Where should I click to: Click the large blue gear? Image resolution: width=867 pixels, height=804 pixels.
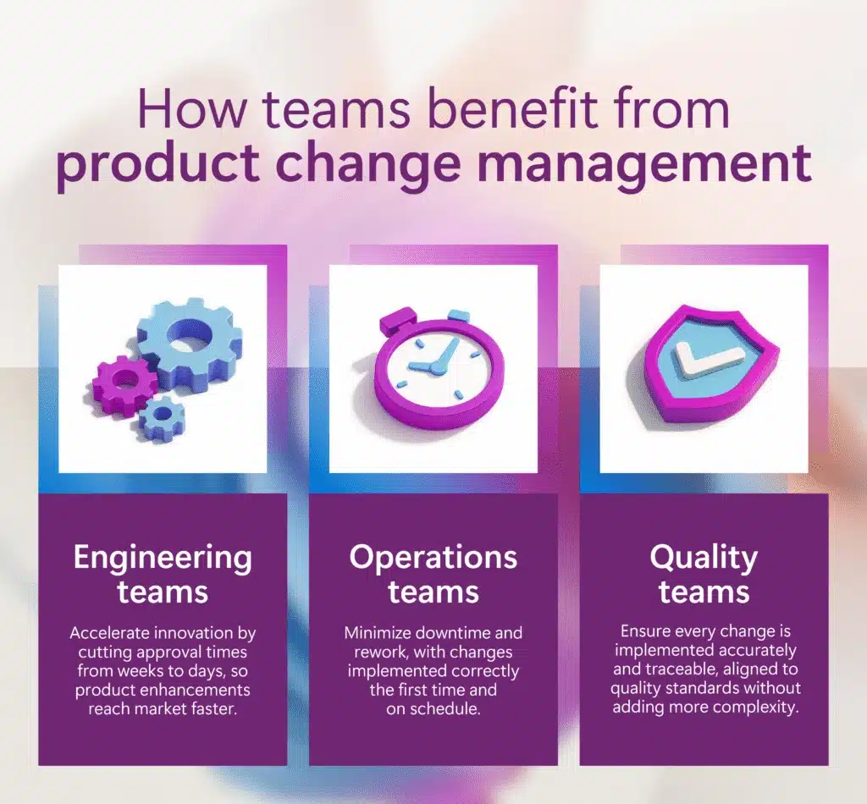[x=188, y=345]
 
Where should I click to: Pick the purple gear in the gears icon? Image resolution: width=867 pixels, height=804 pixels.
[x=125, y=386]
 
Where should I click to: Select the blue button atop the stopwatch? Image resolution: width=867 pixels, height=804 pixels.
[x=457, y=316]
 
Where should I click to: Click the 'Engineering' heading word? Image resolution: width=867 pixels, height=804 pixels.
[x=163, y=558]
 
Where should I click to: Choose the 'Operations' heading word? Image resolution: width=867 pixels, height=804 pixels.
[x=433, y=558]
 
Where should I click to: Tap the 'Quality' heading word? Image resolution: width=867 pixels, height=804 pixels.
[x=704, y=558]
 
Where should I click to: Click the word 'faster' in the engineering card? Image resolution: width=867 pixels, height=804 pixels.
[x=208, y=708]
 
